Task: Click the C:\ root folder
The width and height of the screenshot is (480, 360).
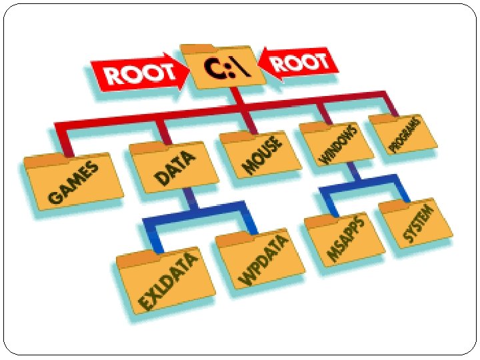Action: click(223, 67)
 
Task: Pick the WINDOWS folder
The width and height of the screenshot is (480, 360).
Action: click(337, 143)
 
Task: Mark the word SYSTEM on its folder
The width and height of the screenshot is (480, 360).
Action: click(419, 223)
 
